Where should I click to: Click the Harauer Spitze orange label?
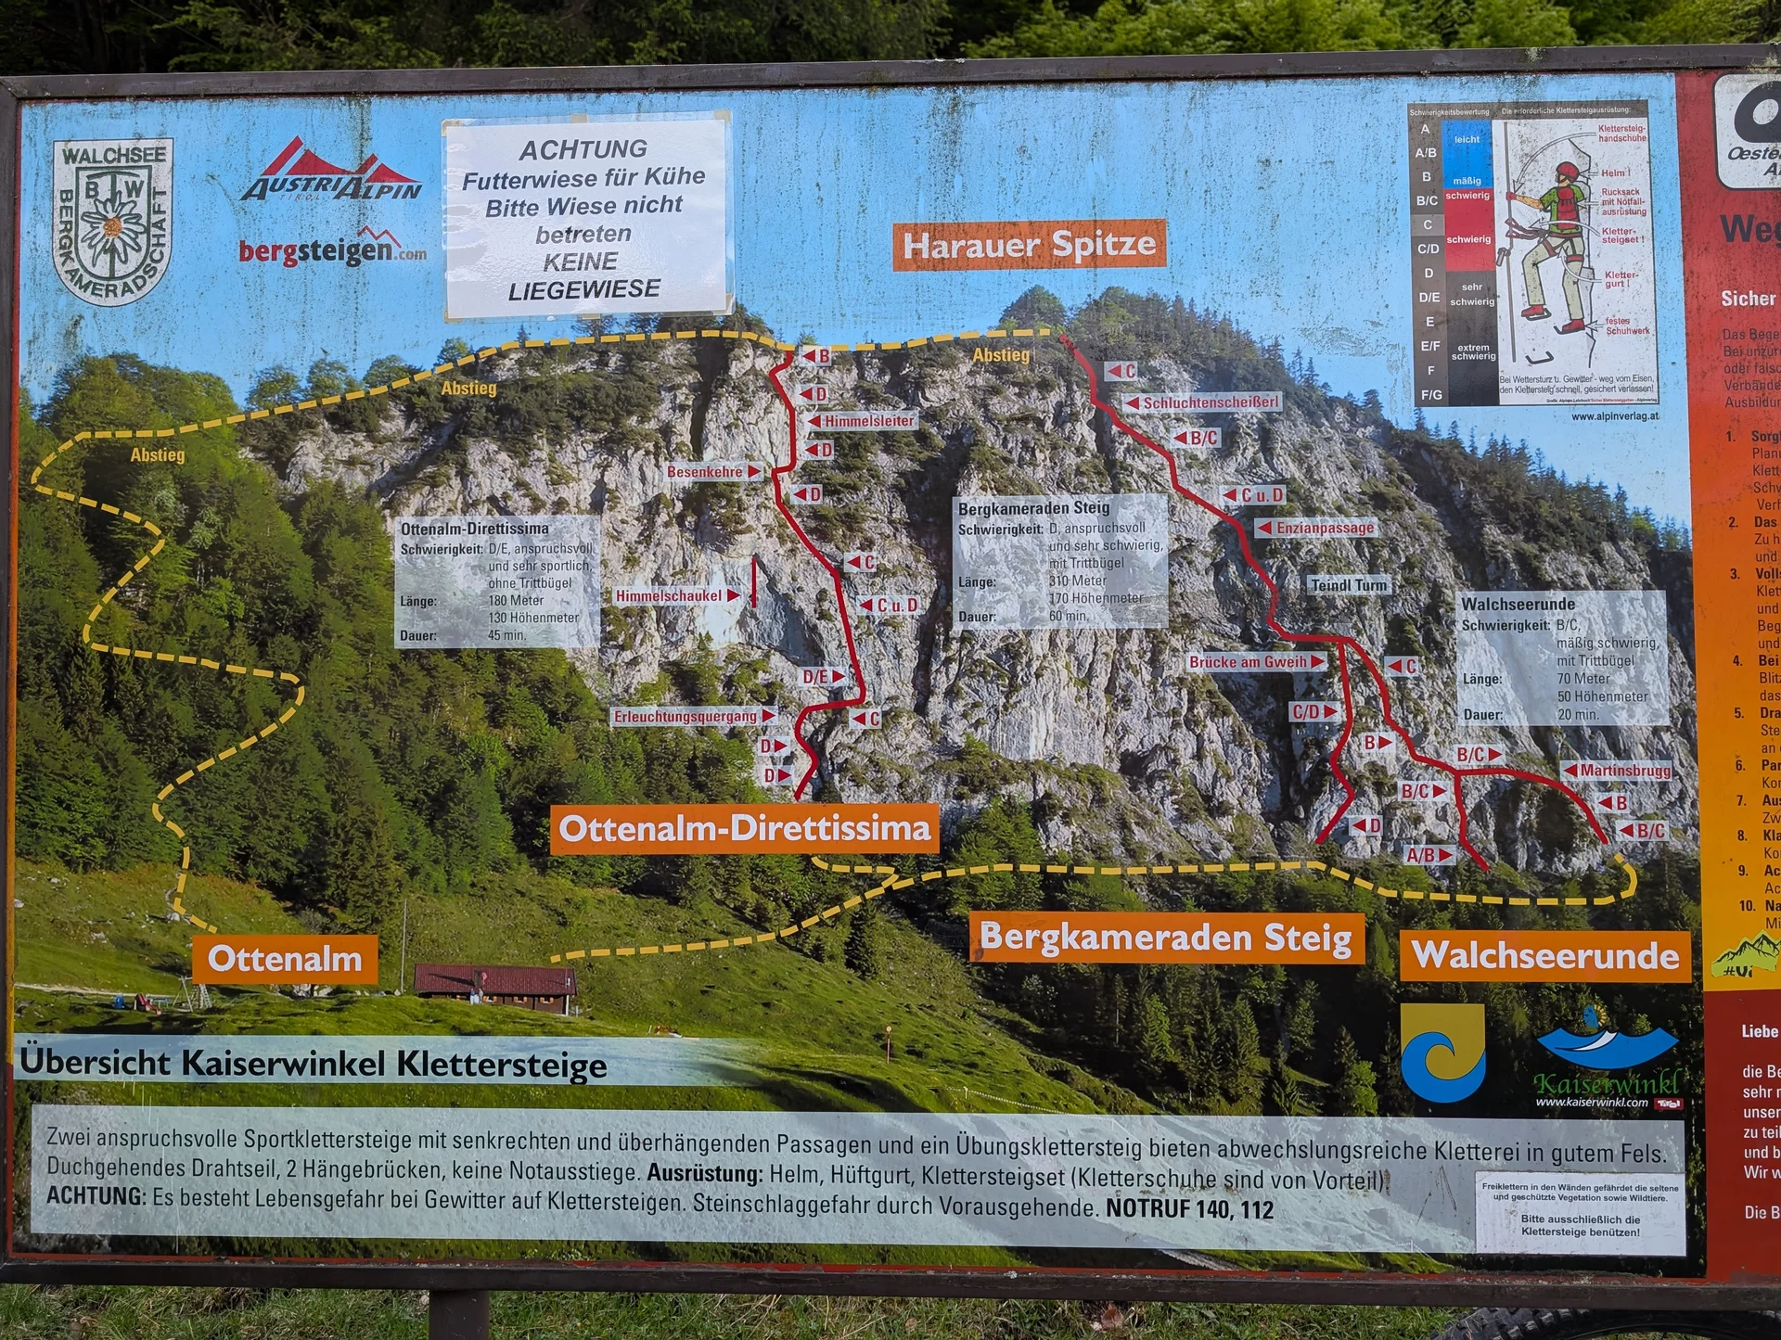(1029, 245)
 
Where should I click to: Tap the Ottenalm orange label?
(285, 959)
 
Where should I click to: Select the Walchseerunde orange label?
(1545, 955)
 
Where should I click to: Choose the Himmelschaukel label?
(669, 596)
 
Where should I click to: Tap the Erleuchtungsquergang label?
(685, 717)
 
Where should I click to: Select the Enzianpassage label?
(1325, 528)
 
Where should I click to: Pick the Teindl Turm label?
(1349, 585)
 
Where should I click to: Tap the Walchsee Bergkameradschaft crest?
(112, 223)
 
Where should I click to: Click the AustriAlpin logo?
(332, 173)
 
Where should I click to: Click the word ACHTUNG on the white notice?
(583, 149)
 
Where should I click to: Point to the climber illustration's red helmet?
(1567, 172)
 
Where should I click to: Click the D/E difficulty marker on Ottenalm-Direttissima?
(815, 677)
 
